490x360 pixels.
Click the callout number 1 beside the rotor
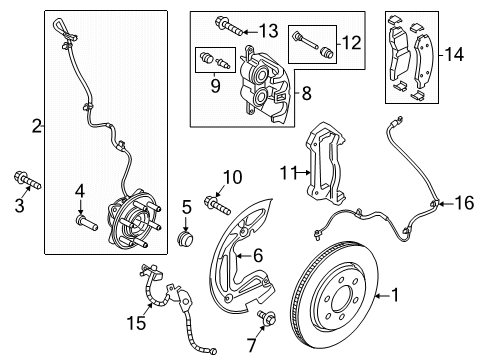pyautogui.click(x=395, y=295)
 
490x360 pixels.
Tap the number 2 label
pyautogui.click(x=37, y=126)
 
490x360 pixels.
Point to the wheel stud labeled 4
pyautogui.click(x=87, y=223)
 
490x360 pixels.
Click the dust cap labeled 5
pyautogui.click(x=186, y=238)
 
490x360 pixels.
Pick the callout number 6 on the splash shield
pyautogui.click(x=258, y=256)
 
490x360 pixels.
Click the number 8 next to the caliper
pyautogui.click(x=306, y=93)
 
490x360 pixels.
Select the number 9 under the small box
pyautogui.click(x=215, y=86)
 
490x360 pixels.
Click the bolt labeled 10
pyautogui.click(x=217, y=205)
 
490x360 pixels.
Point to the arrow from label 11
pyautogui.click(x=303, y=172)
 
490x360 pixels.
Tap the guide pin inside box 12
pyautogui.click(x=305, y=41)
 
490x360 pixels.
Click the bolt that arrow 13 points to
pyautogui.click(x=230, y=25)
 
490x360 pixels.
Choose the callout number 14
pyautogui.click(x=454, y=54)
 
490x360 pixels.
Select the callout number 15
pyautogui.click(x=136, y=322)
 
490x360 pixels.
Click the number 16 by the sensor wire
pyautogui.click(x=465, y=203)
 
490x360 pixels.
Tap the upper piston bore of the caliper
pyautogui.click(x=260, y=73)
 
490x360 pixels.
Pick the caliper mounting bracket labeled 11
pyautogui.click(x=326, y=163)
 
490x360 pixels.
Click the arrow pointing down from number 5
pyautogui.click(x=186, y=223)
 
